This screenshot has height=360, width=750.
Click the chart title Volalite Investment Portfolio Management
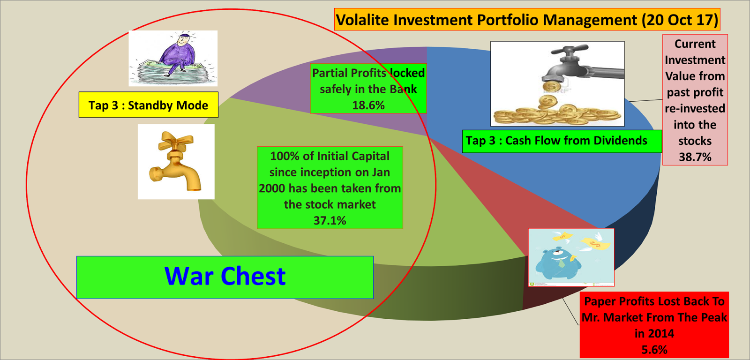[x=527, y=20]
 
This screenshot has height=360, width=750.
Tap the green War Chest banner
[x=225, y=277]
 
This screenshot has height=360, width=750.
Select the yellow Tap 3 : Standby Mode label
[x=148, y=105]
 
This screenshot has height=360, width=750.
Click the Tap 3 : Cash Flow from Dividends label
[x=556, y=141]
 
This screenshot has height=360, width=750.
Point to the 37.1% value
[x=330, y=220]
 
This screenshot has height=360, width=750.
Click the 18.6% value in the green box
[x=368, y=105]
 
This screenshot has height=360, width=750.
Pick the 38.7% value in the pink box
[x=695, y=157]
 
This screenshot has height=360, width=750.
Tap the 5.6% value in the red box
[x=654, y=350]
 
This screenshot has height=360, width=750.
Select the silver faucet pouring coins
[x=577, y=66]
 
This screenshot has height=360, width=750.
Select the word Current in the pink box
[x=695, y=44]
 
